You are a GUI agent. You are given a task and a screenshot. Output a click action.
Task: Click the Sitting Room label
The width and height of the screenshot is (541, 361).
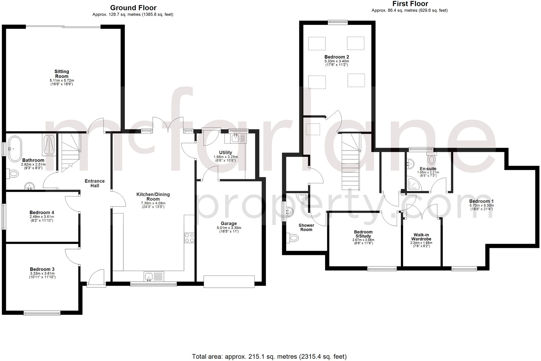coord(62,74)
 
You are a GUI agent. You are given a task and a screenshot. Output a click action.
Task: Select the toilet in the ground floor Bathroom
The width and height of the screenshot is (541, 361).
coord(13,173)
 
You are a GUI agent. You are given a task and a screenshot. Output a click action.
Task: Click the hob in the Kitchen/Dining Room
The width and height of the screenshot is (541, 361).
coord(189,238)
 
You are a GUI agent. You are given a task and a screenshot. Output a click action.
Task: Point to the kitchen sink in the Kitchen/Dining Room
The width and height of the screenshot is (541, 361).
coord(149,277)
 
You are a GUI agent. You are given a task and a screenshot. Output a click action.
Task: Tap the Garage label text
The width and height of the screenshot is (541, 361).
coord(229,223)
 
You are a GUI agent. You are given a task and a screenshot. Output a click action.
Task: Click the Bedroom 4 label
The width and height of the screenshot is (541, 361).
coord(42,212)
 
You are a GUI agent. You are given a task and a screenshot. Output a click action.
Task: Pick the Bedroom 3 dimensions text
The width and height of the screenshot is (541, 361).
coord(42,275)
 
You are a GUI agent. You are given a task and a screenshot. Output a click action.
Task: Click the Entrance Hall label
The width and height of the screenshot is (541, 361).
coord(95,183)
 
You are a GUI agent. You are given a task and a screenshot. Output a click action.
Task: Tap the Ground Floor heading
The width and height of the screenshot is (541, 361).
coord(133,8)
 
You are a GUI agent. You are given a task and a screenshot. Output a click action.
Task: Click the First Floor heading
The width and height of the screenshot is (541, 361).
coord(410,4)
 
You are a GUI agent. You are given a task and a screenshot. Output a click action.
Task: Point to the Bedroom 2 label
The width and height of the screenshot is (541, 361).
coord(337,57)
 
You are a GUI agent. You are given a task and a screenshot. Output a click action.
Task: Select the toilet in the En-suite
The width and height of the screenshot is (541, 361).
coord(431,160)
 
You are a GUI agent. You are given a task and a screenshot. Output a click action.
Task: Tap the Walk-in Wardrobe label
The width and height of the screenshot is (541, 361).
coord(421,237)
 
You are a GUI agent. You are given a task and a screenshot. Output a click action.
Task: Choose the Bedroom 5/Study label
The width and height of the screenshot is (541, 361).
coord(363,234)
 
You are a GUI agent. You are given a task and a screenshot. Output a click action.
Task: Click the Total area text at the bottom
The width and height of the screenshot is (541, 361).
coord(269,356)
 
